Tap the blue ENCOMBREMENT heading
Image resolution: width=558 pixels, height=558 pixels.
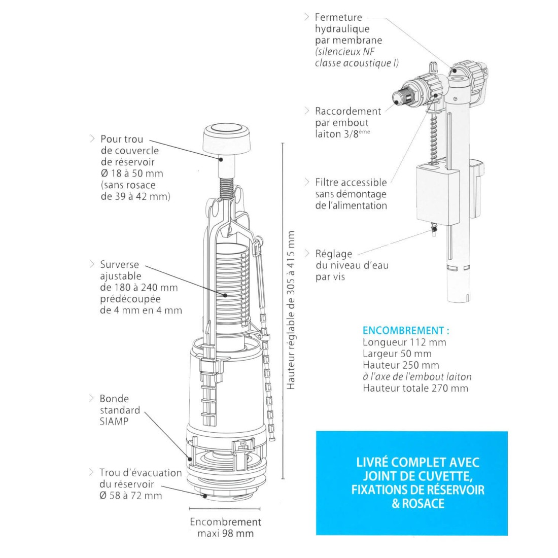point(406,331)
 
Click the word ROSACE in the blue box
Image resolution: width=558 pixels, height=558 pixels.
point(423,504)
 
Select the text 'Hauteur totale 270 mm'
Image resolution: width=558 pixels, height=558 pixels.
point(415,388)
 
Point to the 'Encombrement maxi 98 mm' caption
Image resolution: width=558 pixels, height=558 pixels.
point(226,528)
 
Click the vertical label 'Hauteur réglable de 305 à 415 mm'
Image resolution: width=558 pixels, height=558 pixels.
point(291,310)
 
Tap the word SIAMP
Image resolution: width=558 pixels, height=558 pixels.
point(114,422)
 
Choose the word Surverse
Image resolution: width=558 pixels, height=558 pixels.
point(120,264)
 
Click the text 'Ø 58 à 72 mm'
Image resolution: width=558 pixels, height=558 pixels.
point(130,496)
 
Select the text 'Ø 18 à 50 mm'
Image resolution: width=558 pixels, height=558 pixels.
point(132,173)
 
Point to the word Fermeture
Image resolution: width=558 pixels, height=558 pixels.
point(338,17)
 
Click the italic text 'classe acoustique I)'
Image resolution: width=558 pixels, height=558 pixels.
point(357,63)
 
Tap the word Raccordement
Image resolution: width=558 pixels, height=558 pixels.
point(348,111)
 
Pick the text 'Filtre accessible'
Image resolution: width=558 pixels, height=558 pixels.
point(351,182)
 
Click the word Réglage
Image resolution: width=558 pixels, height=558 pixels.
point(334,254)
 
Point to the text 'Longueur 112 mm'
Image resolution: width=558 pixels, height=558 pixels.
point(404,342)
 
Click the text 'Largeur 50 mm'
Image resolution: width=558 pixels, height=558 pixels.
point(397,354)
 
